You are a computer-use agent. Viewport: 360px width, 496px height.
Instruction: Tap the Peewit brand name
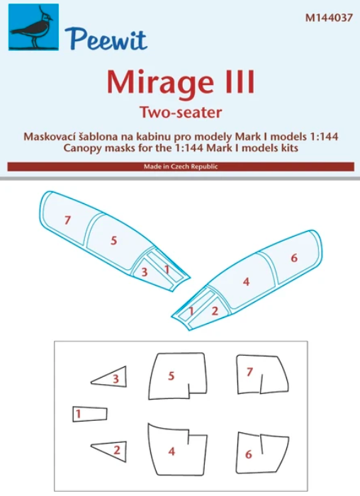(106, 39)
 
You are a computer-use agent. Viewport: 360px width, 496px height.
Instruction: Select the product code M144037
(329, 18)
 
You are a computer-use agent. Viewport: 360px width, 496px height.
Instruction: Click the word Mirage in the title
(159, 82)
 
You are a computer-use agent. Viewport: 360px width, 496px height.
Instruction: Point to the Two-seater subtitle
(181, 112)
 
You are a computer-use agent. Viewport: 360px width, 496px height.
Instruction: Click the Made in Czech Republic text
(181, 167)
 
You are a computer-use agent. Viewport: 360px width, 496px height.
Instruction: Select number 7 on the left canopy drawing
(67, 220)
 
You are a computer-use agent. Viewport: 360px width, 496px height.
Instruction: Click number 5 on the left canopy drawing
(114, 240)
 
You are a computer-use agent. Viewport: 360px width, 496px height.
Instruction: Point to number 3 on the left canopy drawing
(145, 271)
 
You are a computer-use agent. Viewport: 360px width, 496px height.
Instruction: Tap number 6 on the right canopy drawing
(294, 258)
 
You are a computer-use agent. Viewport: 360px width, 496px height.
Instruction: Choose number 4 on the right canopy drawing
(246, 281)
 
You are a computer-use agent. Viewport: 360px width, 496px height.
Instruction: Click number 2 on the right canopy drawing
(215, 310)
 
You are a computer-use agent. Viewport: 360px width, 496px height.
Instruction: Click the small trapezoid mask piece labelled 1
(89, 414)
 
